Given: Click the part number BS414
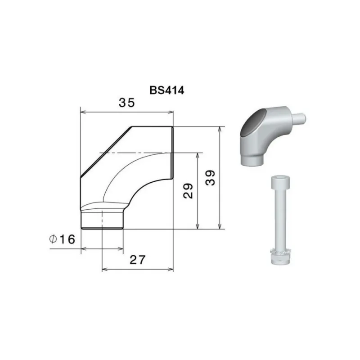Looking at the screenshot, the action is coord(166,90).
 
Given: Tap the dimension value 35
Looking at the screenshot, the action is coord(127,103).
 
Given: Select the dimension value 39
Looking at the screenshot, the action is coord(210,177).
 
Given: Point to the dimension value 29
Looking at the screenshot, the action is coord(188,190).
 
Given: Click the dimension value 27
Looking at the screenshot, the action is coord(138,260).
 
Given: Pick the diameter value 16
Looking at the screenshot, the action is coord(67,239).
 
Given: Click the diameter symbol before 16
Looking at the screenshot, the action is coord(53,239).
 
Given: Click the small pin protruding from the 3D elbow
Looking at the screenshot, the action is coord(299,118).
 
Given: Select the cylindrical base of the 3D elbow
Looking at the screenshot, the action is coord(252,160).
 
